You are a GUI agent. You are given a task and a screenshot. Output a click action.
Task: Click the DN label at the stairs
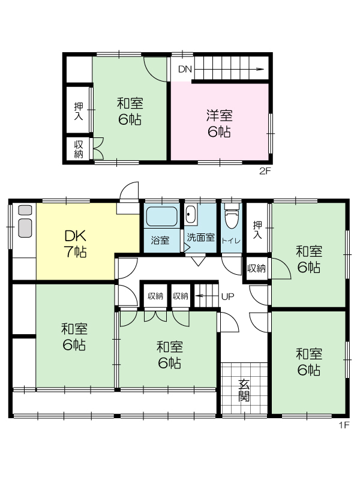click(x=185, y=70)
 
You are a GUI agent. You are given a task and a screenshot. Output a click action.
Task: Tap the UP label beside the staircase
click(x=227, y=296)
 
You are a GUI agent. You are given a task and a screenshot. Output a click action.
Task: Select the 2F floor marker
click(x=265, y=171)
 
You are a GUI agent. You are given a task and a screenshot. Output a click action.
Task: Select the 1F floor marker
click(x=344, y=425)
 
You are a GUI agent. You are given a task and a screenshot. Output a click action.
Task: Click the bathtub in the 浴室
click(x=161, y=217)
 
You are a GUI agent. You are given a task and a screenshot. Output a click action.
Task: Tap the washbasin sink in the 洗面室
click(x=191, y=215)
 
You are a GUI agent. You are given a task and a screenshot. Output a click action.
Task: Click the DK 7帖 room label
click(x=76, y=244)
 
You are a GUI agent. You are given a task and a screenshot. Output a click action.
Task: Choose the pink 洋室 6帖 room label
click(x=219, y=124)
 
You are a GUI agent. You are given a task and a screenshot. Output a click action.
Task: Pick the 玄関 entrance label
click(x=244, y=391)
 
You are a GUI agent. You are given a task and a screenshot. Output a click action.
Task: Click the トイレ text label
click(x=231, y=241)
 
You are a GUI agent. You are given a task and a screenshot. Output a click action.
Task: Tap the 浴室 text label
click(x=160, y=240)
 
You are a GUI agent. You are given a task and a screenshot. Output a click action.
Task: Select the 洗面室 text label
click(x=201, y=237)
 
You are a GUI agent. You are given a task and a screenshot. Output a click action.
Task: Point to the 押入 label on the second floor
click(x=79, y=111)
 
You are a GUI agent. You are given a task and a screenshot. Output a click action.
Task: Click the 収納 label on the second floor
click(x=79, y=149)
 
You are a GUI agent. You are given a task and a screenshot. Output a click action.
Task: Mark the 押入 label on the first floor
click(x=257, y=230)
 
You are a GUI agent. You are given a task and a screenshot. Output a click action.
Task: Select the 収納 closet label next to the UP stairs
click(x=181, y=296)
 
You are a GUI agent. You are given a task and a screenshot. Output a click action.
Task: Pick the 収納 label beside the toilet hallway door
click(x=257, y=269)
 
